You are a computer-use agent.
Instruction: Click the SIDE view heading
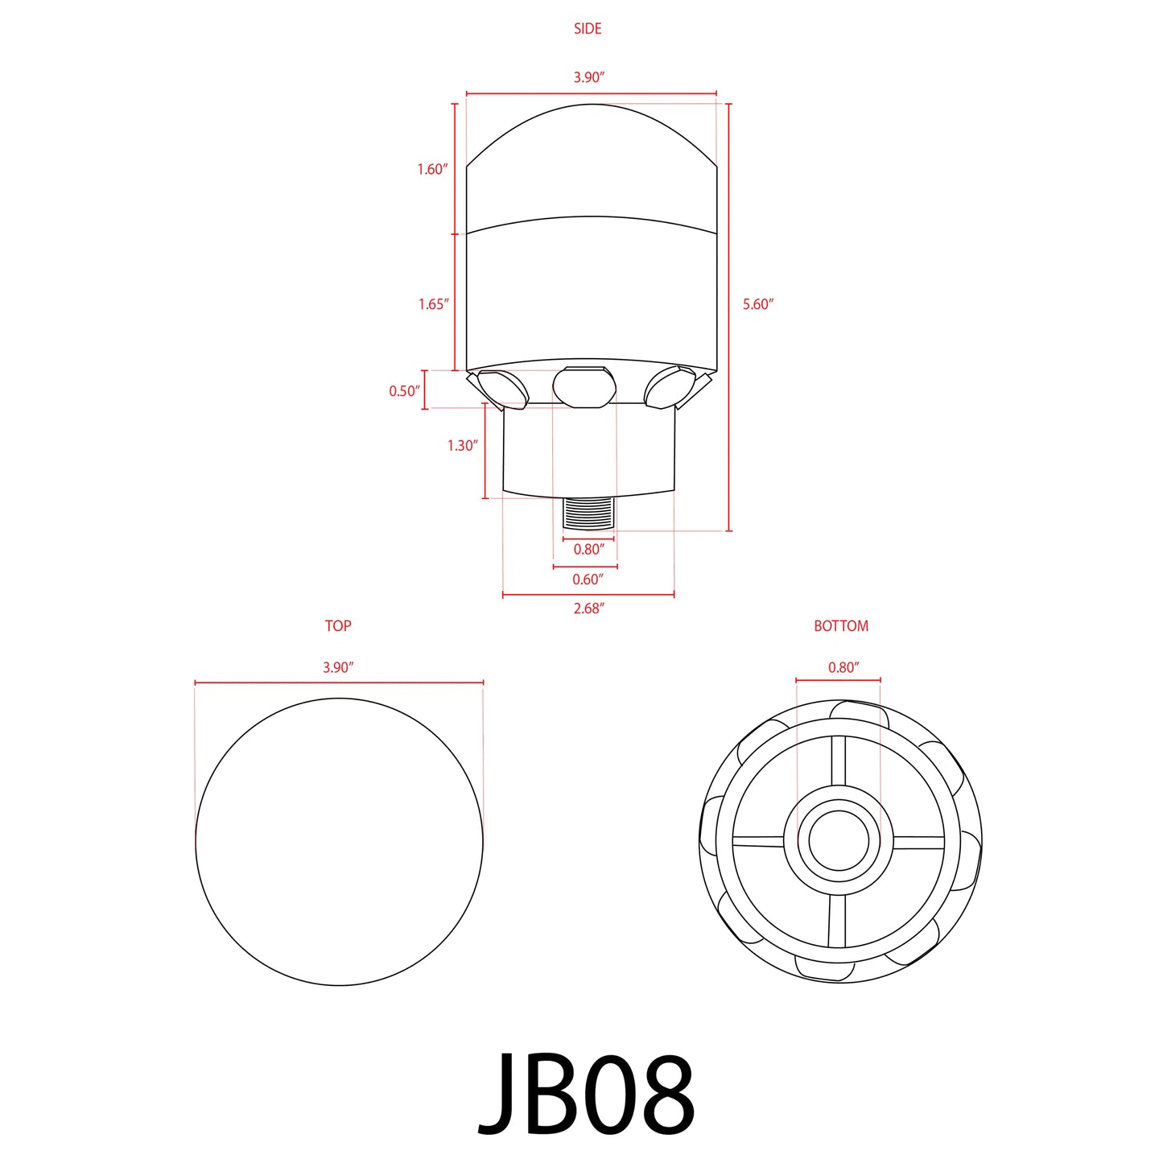point(588,29)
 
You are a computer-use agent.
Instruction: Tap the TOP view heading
point(338,625)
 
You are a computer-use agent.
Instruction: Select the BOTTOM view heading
point(841,625)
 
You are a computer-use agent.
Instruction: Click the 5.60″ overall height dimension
point(757,304)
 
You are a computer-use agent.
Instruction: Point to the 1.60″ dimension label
point(432,169)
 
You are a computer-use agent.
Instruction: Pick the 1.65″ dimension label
point(433,304)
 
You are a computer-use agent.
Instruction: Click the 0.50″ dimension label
point(405,391)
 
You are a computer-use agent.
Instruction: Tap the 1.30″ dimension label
point(463,445)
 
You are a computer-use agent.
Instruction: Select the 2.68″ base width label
point(588,608)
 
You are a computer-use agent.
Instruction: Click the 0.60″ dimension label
point(588,579)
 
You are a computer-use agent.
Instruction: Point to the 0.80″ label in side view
point(588,549)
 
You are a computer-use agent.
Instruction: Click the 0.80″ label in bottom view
point(843,667)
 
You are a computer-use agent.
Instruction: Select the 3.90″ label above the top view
point(338,667)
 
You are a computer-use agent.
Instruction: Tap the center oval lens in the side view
point(584,387)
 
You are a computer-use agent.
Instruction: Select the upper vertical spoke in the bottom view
point(839,761)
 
